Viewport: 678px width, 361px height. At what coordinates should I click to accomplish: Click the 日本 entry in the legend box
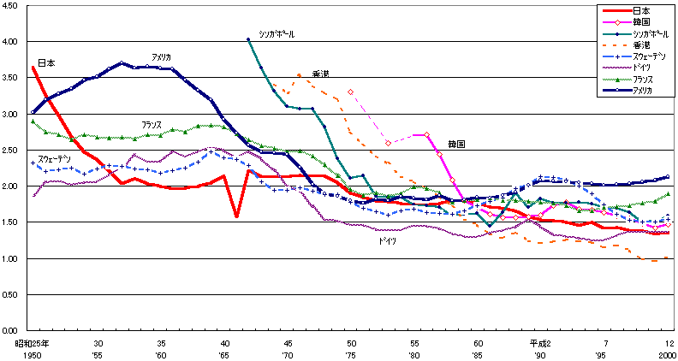pos(639,10)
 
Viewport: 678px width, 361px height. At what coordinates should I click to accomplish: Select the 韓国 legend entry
pos(639,21)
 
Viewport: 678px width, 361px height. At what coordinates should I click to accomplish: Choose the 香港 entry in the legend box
pos(640,44)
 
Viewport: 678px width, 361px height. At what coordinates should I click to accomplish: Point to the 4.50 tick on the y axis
pos(13,5)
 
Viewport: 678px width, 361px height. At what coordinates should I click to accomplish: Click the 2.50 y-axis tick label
pos(13,150)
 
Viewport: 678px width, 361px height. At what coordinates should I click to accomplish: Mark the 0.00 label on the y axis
pos(13,330)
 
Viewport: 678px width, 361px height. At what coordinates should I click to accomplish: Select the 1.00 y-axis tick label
pos(13,258)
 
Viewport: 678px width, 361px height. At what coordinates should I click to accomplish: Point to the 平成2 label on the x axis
pos(538,342)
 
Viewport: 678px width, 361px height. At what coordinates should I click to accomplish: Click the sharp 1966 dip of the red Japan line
pos(236,216)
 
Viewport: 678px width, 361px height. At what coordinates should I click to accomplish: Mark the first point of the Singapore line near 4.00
pos(248,39)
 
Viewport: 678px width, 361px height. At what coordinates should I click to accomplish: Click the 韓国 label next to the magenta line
pos(455,145)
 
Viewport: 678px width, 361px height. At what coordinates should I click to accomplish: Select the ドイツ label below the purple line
pos(388,241)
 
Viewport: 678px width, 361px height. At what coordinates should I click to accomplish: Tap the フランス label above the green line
pos(152,124)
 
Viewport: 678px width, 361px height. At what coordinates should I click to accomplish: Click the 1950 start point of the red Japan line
pos(32,67)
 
